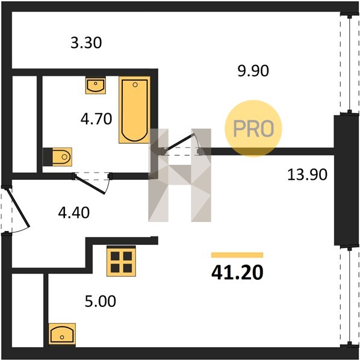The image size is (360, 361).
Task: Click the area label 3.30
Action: click(86, 43)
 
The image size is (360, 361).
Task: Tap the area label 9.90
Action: click(253, 70)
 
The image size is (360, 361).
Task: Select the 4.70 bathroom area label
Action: click(96, 119)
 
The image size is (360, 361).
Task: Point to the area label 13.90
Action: click(307, 174)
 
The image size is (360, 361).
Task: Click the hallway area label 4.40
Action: click(73, 212)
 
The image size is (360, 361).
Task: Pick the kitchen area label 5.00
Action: click(100, 301)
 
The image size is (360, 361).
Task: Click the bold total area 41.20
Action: click(237, 273)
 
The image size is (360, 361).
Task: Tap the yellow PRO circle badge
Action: click(253, 129)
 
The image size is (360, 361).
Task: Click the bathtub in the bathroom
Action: click(134, 110)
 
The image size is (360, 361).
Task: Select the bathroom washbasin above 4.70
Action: click(96, 85)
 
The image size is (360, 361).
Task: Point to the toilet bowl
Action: click(62, 157)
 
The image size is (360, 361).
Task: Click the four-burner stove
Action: click(121, 261)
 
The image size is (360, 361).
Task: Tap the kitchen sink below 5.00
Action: click(62, 335)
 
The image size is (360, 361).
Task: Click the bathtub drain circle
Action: click(135, 85)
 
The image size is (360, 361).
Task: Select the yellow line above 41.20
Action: click(237, 255)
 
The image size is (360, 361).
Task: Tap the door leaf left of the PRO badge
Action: click(179, 144)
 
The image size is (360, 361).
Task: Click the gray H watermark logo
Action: click(179, 175)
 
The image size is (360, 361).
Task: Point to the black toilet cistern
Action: click(48, 157)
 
